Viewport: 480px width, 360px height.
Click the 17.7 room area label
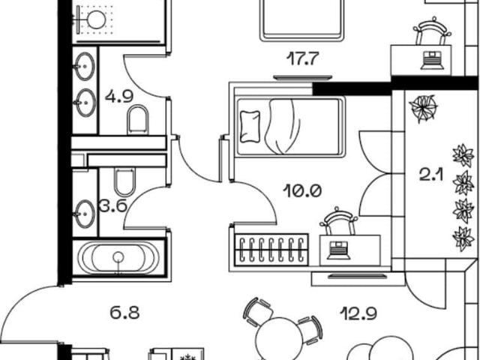pos(303,58)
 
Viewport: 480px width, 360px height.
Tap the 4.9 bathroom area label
pos(119,97)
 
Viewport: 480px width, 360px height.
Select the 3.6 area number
pos(113,205)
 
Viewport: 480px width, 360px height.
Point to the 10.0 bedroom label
pos(302,191)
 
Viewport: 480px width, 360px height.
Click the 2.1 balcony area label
pos(431,175)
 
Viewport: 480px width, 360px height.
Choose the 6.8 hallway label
pos(124,313)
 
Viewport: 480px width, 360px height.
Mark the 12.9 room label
pos(358,313)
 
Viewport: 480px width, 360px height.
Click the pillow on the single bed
pos(250,127)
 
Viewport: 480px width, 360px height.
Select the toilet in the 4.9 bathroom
pos(138,120)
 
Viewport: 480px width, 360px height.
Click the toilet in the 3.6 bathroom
pos(124,181)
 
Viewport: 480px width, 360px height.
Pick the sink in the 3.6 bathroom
pos(85,214)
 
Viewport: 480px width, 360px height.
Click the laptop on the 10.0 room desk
pos(338,250)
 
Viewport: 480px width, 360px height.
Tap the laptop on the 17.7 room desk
pos(433,60)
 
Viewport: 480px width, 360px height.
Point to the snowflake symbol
pos(186,358)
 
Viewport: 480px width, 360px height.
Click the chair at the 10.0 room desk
pos(338,221)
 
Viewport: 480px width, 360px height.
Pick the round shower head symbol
pos(97,19)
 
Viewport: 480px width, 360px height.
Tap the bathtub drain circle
pos(118,257)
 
